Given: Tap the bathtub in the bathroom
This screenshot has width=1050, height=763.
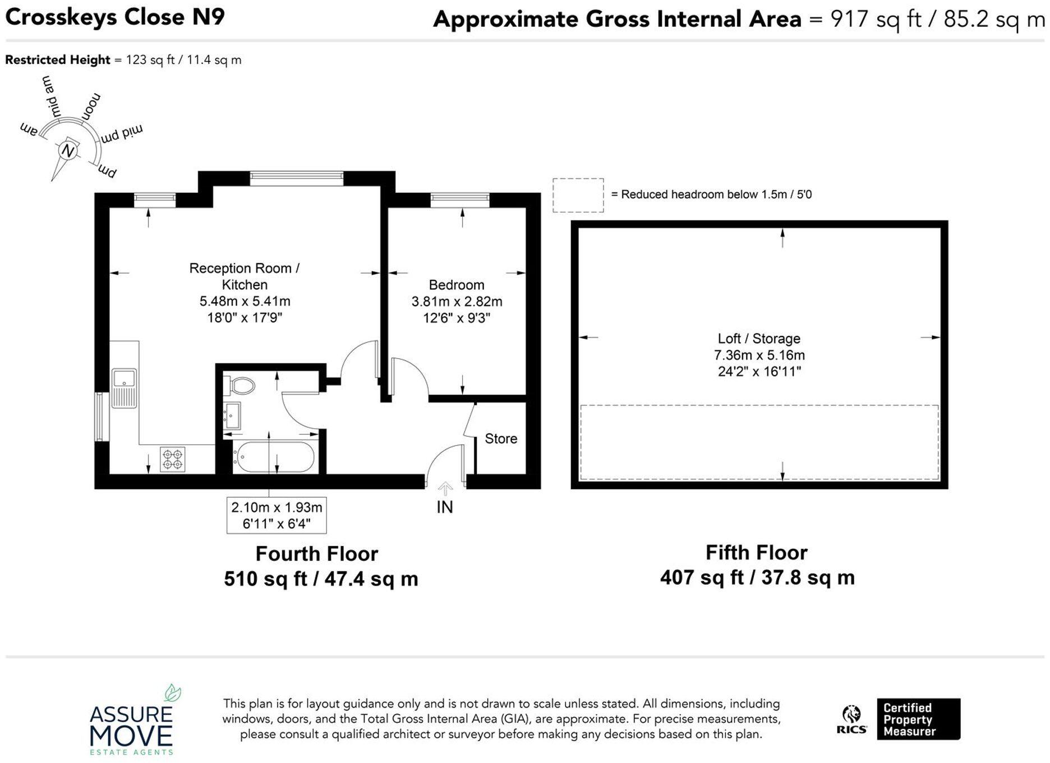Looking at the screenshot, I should pyautogui.click(x=274, y=457).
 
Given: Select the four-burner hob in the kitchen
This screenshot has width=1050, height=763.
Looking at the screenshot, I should pyautogui.click(x=173, y=459).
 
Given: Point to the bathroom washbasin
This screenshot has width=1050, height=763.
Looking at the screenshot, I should pyautogui.click(x=232, y=415).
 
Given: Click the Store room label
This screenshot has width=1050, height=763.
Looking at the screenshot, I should pyautogui.click(x=500, y=438).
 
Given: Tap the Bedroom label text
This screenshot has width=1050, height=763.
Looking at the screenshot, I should pyautogui.click(x=456, y=285).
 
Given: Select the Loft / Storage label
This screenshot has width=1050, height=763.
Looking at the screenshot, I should pyautogui.click(x=758, y=339).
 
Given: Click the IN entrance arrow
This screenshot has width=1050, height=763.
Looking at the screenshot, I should pyautogui.click(x=445, y=489).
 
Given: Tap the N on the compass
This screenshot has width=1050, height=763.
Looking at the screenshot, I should pyautogui.click(x=68, y=151).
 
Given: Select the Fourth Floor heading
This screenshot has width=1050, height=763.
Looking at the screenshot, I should pyautogui.click(x=316, y=554).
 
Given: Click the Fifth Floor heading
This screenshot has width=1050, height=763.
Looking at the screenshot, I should pyautogui.click(x=756, y=553).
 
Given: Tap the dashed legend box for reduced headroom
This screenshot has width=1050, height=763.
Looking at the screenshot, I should pyautogui.click(x=578, y=195).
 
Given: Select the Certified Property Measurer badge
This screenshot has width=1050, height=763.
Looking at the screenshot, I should pyautogui.click(x=918, y=719).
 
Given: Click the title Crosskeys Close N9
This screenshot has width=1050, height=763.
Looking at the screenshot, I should pyautogui.click(x=115, y=17).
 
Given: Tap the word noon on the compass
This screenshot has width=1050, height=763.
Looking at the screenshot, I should pyautogui.click(x=91, y=106).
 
